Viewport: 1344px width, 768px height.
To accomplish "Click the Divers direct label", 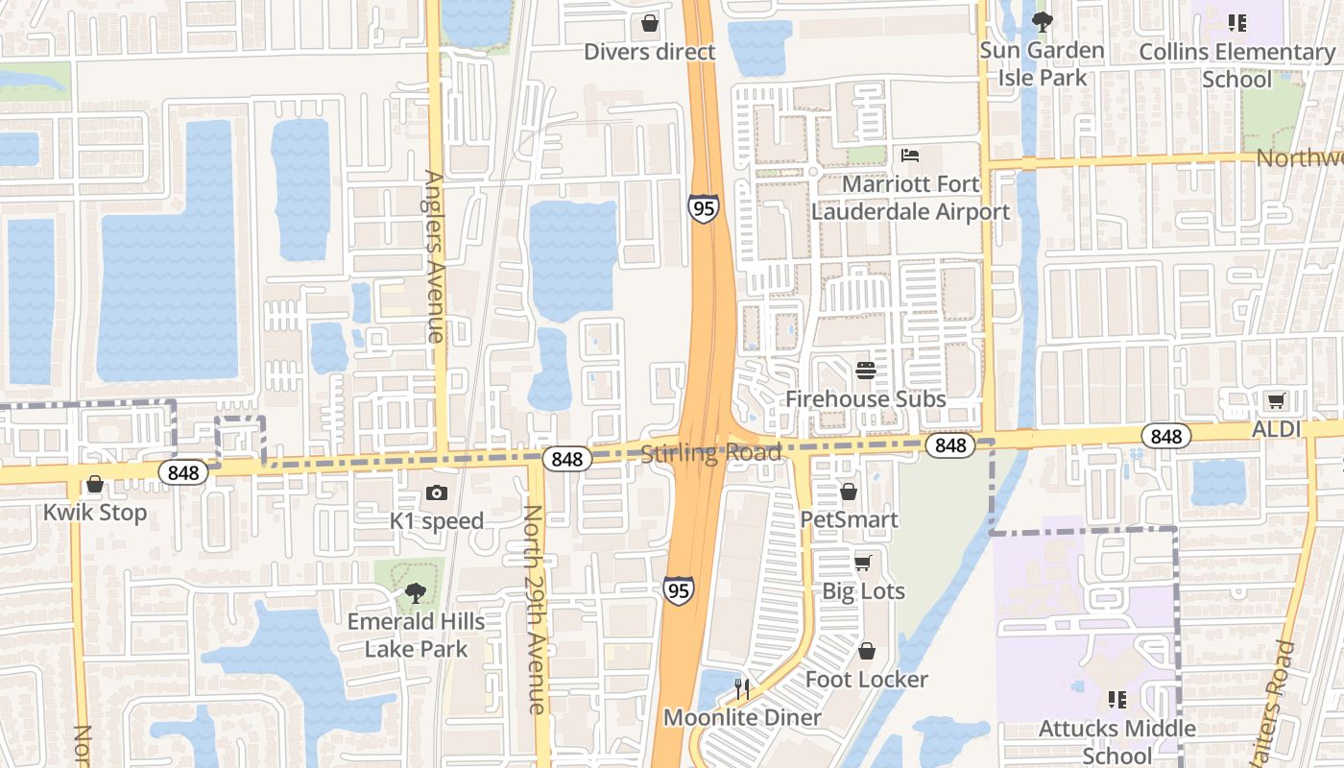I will click(x=650, y=52).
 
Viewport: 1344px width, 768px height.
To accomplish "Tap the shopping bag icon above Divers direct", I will click(x=650, y=23).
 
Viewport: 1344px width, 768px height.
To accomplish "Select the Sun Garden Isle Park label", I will click(x=1042, y=63).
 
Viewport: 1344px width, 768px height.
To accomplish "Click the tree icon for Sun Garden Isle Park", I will click(x=1042, y=21).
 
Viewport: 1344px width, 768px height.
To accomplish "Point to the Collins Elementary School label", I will click(x=1236, y=64).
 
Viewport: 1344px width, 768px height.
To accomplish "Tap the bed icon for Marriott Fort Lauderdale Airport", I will click(x=910, y=156).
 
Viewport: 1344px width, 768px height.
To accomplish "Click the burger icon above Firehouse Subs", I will click(x=866, y=371).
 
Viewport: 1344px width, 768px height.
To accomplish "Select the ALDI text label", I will click(x=1276, y=429).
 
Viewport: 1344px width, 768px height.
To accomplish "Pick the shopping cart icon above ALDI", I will click(x=1276, y=401).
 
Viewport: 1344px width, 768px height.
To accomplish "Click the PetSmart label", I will click(x=850, y=519).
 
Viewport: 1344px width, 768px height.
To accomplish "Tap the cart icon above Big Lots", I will click(x=863, y=563).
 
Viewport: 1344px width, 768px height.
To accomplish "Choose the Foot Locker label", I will click(x=867, y=680).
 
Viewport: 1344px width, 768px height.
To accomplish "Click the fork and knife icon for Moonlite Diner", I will click(x=742, y=688).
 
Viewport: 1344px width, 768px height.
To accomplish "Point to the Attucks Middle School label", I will click(x=1117, y=742).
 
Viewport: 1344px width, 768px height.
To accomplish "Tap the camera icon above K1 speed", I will click(x=437, y=493).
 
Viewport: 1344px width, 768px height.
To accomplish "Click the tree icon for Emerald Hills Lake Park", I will click(x=416, y=593).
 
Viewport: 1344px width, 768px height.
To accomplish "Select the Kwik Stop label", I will click(x=95, y=512).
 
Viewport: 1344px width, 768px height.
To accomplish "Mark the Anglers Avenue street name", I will click(x=435, y=256).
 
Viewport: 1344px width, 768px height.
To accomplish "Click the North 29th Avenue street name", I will click(x=535, y=610).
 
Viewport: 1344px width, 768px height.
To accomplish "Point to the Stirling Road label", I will click(x=710, y=453).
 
